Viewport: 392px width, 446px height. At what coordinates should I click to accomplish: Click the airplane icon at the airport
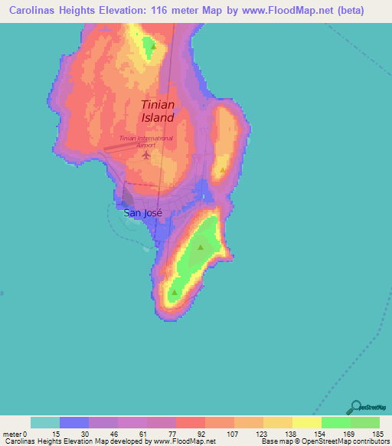146,156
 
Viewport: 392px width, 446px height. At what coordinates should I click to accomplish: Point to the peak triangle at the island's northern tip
154,46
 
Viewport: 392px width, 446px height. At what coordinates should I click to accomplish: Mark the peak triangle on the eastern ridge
223,170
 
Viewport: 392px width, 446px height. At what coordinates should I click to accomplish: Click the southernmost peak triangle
175,292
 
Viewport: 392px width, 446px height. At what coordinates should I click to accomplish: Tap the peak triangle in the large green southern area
201,247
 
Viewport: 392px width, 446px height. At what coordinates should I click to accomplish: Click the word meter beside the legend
12,434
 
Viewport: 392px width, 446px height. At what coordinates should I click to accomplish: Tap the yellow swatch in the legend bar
306,422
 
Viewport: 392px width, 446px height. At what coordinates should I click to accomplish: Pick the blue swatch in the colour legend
74,422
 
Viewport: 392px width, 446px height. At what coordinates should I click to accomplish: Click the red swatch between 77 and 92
191,422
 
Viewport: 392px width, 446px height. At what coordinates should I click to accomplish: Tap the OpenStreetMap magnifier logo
357,407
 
